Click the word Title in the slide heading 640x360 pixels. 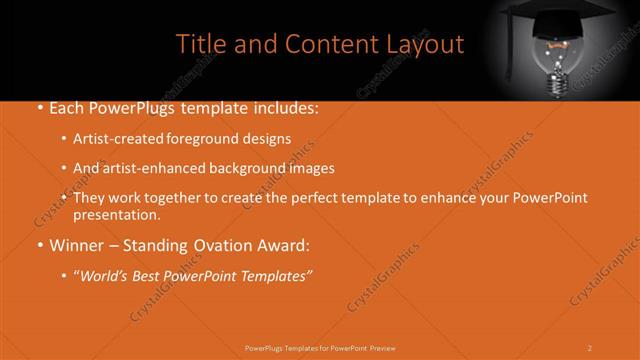point(200,44)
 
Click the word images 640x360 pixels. point(312,168)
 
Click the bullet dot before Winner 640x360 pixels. point(38,245)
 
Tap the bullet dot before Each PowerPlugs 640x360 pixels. point(38,107)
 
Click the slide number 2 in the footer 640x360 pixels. point(589,348)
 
